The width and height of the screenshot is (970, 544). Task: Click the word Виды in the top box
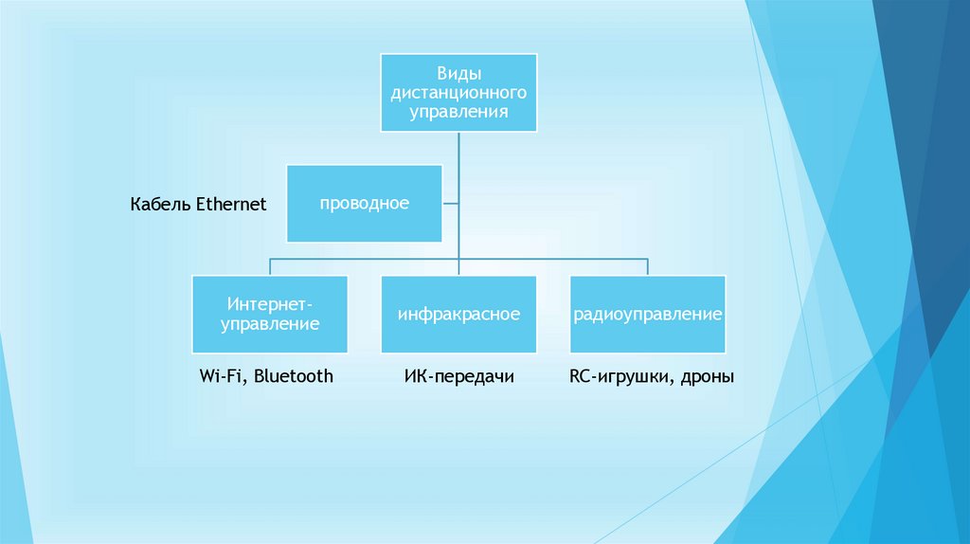(458, 74)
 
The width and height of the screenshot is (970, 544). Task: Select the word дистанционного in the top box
(458, 93)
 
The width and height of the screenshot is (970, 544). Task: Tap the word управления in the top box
(458, 112)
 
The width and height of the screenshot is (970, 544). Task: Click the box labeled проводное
(364, 203)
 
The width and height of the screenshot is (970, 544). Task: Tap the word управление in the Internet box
(269, 324)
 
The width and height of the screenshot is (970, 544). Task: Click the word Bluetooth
(294, 376)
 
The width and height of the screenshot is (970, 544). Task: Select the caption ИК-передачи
(458, 377)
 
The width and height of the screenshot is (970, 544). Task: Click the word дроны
(708, 377)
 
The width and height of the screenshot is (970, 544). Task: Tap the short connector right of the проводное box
(450, 203)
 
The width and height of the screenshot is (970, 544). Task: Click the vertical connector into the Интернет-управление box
(269, 266)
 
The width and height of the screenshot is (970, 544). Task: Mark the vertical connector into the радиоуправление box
(648, 266)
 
